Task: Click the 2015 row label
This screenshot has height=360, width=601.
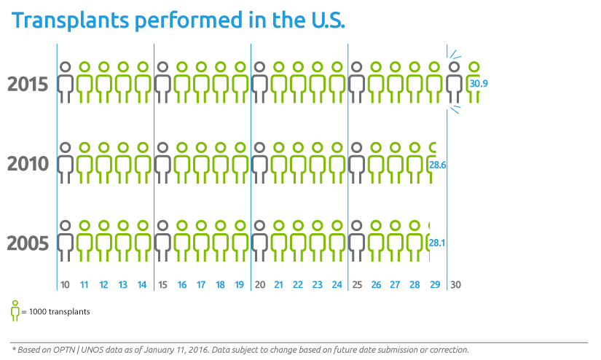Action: [28, 85]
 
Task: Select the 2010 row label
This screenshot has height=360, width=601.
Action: [28, 164]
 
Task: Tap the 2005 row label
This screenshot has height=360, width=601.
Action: [28, 243]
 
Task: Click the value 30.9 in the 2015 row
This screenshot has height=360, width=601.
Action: [479, 85]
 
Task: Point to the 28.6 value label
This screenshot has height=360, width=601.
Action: [438, 165]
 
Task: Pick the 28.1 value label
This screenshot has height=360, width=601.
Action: [437, 243]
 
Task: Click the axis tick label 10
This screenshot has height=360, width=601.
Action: [65, 284]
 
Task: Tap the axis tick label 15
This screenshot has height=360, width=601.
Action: [162, 284]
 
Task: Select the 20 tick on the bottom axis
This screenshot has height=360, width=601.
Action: [259, 284]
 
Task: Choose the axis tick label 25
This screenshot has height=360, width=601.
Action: [356, 284]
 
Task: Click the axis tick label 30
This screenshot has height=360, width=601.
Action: [454, 284]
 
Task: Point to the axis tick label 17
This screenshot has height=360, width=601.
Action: [201, 284]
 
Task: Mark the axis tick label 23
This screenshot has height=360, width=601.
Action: [318, 284]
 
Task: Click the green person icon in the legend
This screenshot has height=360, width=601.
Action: [15, 310]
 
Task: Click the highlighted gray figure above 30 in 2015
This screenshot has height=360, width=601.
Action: [454, 82]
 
